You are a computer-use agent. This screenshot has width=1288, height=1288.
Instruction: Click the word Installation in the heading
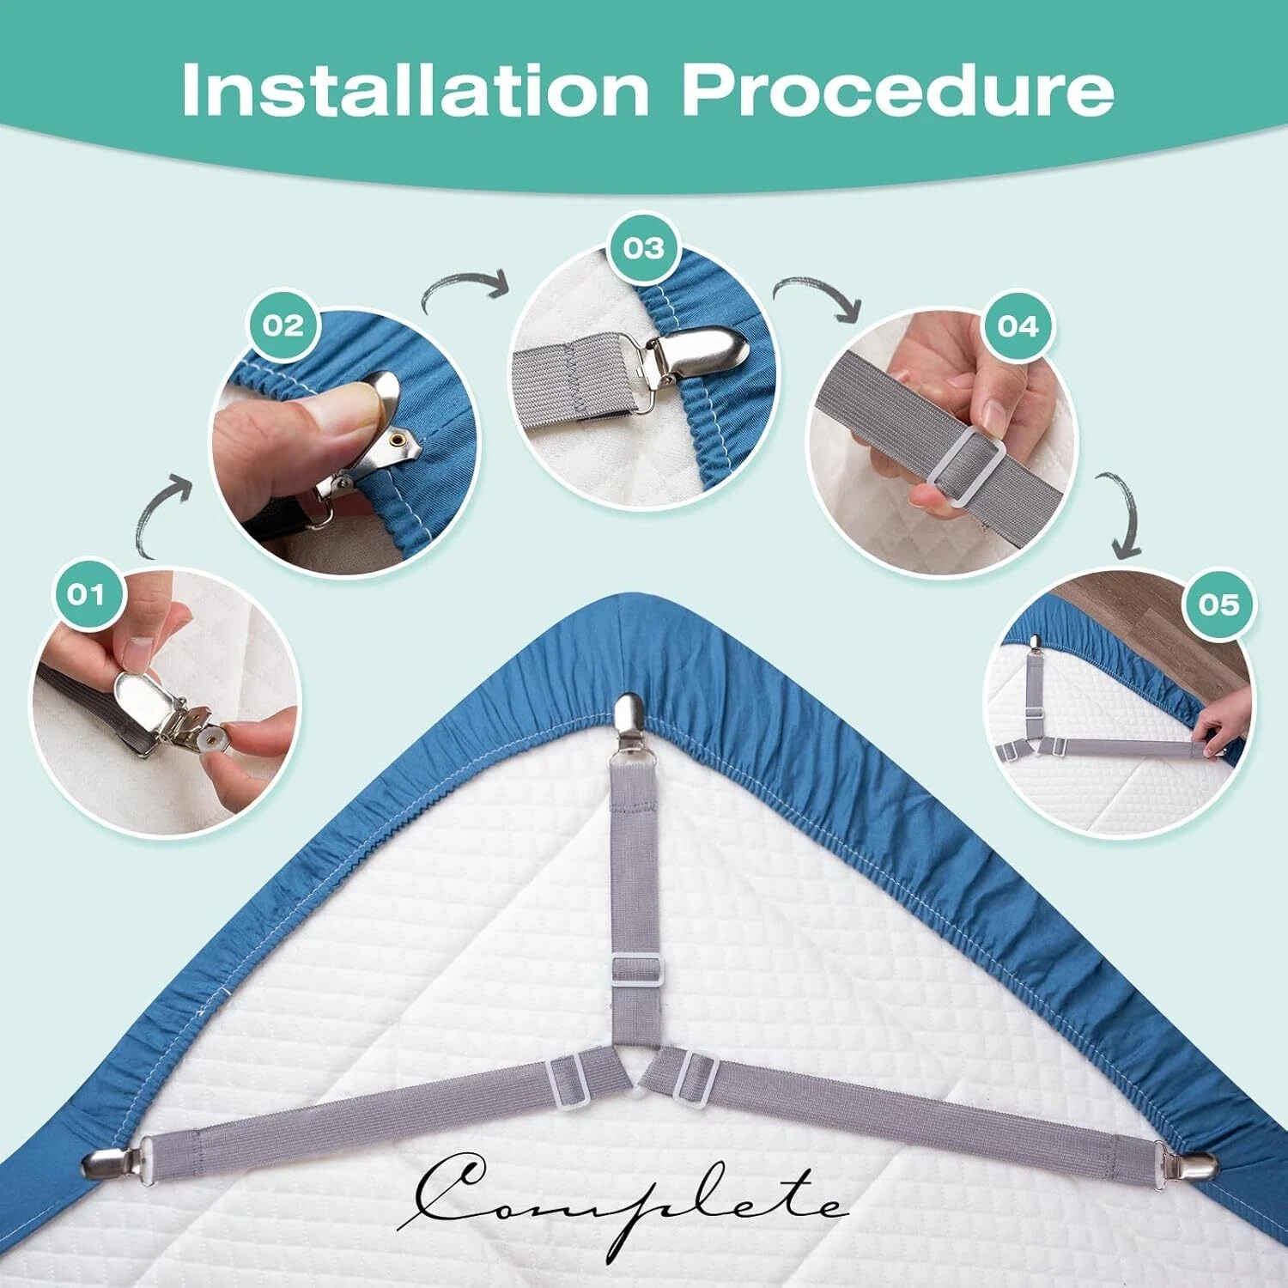click(x=415, y=89)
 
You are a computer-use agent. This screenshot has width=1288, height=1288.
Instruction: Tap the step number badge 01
click(x=85, y=594)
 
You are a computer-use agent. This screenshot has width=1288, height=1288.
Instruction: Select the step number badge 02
click(x=283, y=325)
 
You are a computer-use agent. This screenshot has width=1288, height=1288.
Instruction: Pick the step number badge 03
click(x=644, y=248)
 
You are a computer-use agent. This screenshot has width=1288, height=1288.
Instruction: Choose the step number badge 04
click(x=1018, y=326)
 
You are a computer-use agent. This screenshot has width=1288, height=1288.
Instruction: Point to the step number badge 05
click(x=1219, y=604)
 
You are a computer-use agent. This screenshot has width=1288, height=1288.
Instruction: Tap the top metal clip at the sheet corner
click(x=629, y=720)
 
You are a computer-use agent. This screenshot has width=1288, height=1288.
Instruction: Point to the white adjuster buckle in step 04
click(x=967, y=464)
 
